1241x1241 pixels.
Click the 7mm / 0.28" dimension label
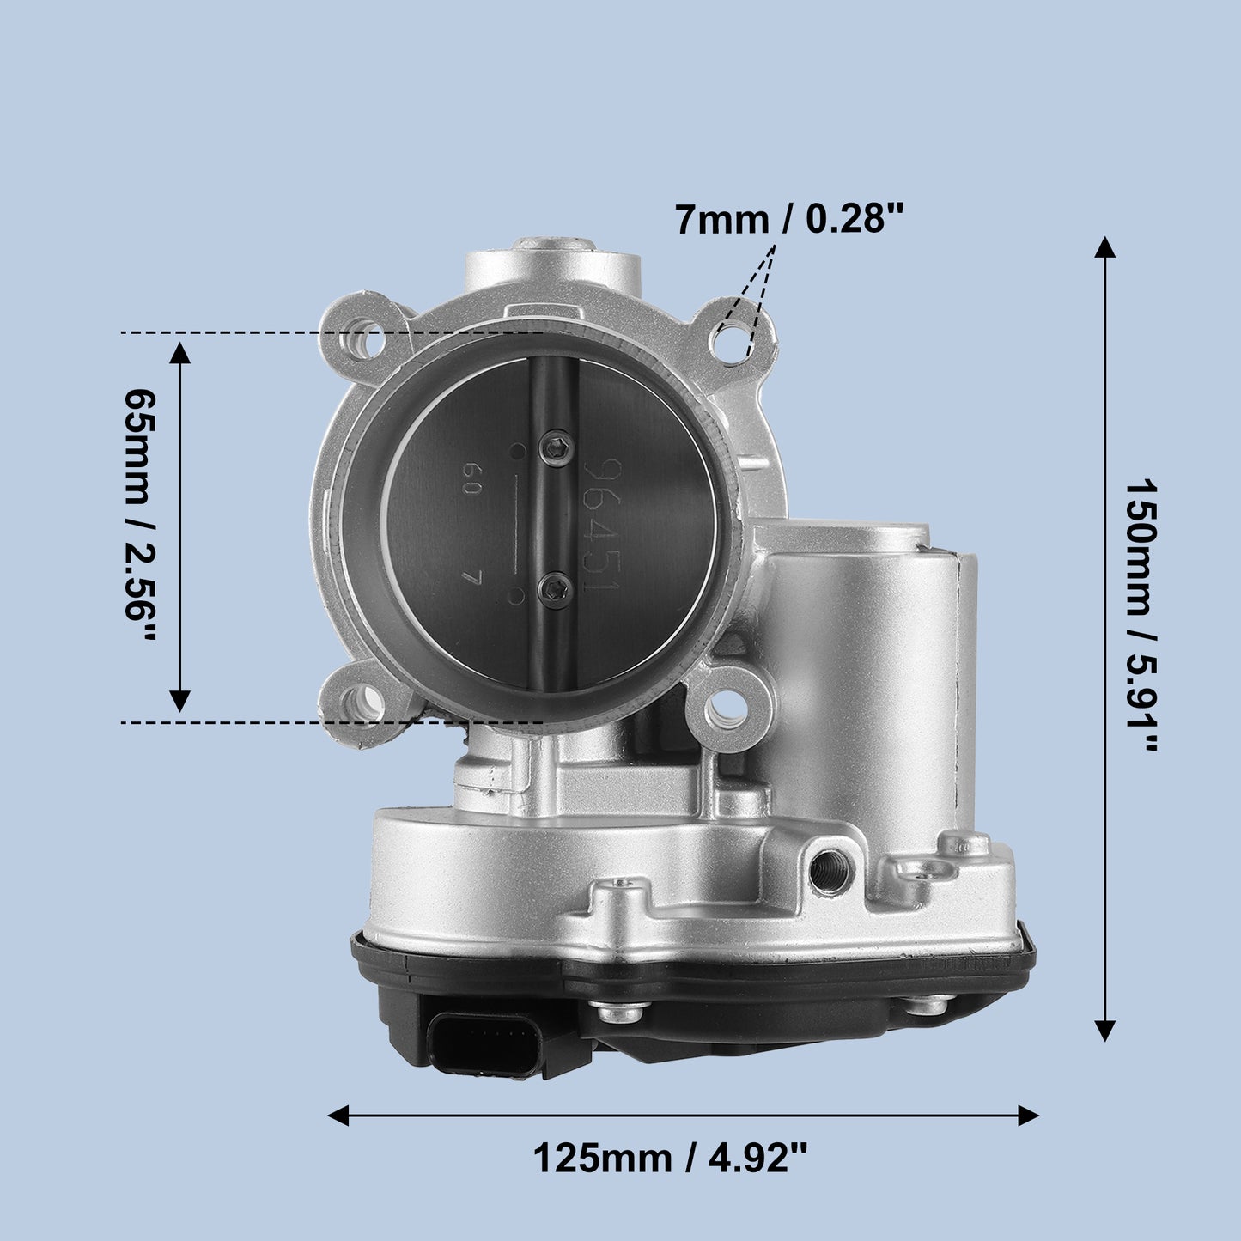[x=790, y=220]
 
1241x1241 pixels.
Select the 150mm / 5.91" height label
[x=1142, y=614]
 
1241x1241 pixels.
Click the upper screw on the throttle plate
[x=557, y=447]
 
